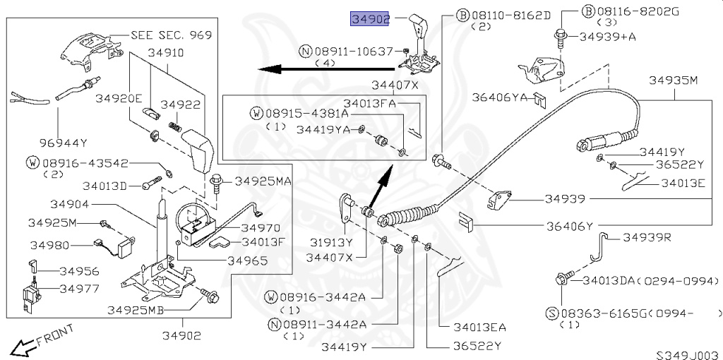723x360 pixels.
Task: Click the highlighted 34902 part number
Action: (370, 19)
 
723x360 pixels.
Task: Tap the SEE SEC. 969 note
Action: (171, 35)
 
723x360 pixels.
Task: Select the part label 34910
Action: (165, 52)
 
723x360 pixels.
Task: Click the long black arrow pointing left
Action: (326, 70)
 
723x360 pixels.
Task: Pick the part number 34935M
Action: (673, 80)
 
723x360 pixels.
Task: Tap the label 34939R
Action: (647, 237)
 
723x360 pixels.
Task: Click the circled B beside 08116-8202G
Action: (588, 11)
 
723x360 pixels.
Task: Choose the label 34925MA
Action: (263, 181)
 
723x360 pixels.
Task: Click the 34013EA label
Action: (479, 328)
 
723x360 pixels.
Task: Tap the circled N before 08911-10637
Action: (306, 51)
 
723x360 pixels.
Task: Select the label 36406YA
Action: (499, 97)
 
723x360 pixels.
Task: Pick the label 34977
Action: (79, 289)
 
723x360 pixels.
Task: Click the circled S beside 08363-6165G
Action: (552, 314)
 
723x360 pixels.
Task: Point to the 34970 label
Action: (261, 228)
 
